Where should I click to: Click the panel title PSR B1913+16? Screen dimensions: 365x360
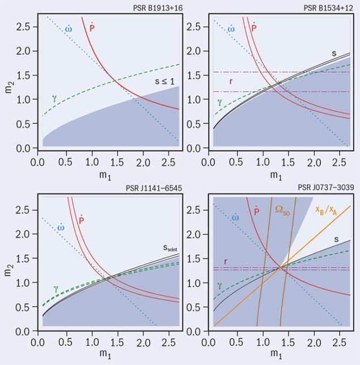155,6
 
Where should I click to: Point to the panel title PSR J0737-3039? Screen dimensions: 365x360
327,188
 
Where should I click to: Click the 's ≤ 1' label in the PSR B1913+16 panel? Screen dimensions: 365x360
166,81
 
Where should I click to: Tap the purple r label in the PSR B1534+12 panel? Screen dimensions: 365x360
231,81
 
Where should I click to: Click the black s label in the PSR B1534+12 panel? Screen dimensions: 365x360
334,53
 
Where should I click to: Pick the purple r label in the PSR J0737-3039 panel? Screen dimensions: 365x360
226,262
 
